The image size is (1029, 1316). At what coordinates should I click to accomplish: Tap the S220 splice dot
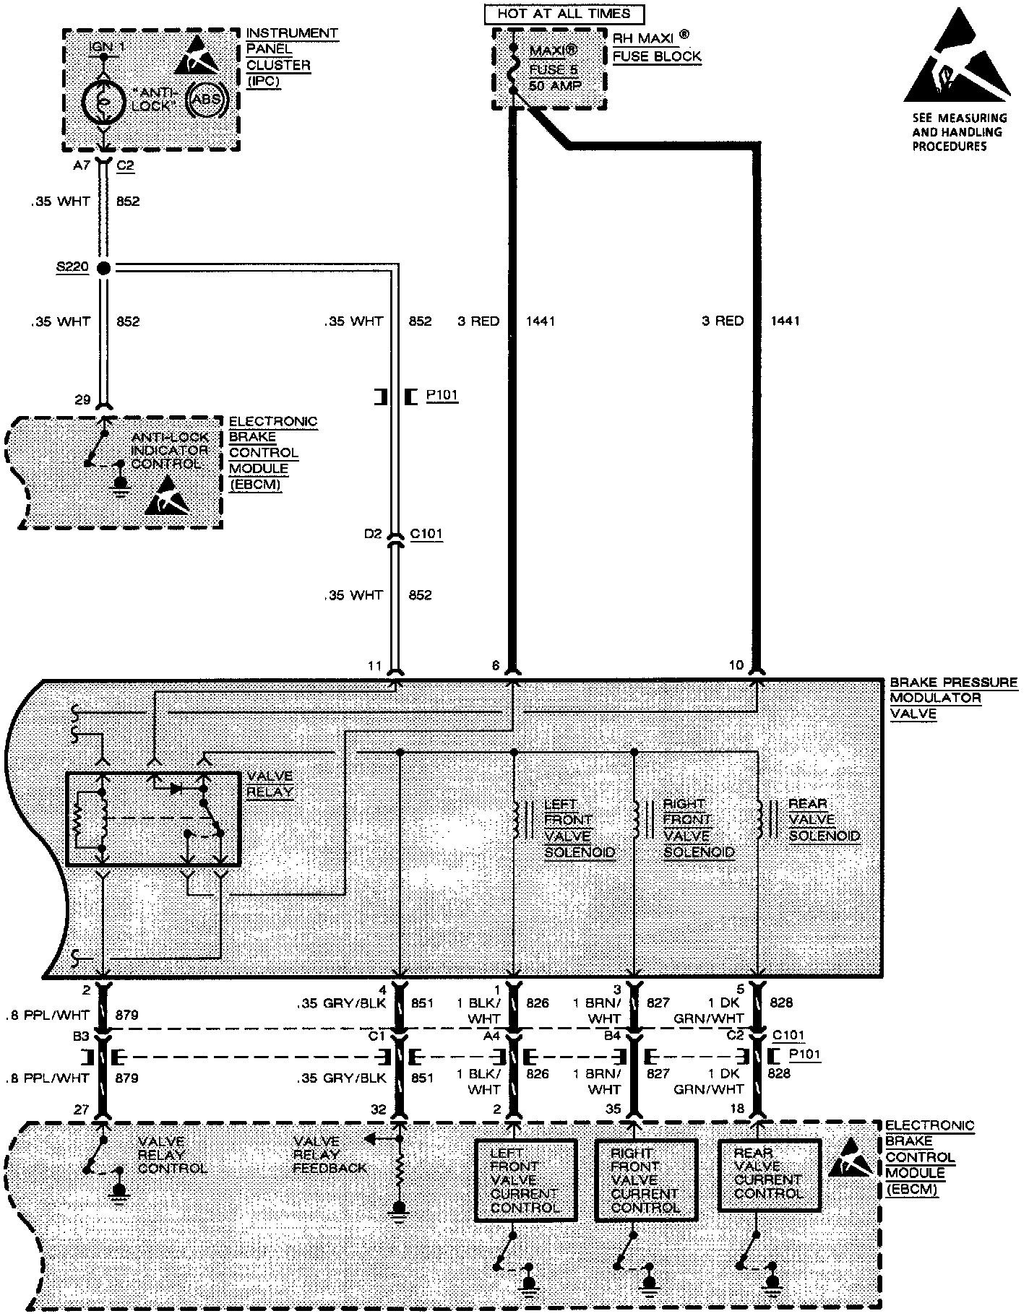pos(103,268)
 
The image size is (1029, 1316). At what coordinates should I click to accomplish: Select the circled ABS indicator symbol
pos(208,100)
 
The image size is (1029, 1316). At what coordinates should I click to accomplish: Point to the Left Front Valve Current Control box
pos(525,1179)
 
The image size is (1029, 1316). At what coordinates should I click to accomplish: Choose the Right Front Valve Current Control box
pos(645,1179)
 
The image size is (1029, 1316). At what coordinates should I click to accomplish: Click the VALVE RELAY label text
pos(270,784)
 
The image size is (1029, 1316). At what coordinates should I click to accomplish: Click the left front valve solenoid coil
pos(516,819)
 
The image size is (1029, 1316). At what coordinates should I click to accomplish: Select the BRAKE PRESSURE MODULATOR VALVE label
pos(952,698)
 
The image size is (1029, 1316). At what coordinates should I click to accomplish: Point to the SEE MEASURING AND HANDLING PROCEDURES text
pos(958,131)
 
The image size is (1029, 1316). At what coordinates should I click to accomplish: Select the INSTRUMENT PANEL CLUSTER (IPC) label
pos(291,57)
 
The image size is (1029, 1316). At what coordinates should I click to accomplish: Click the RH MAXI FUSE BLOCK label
pos(657,49)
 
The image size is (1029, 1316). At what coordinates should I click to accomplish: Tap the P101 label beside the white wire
pos(442,396)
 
